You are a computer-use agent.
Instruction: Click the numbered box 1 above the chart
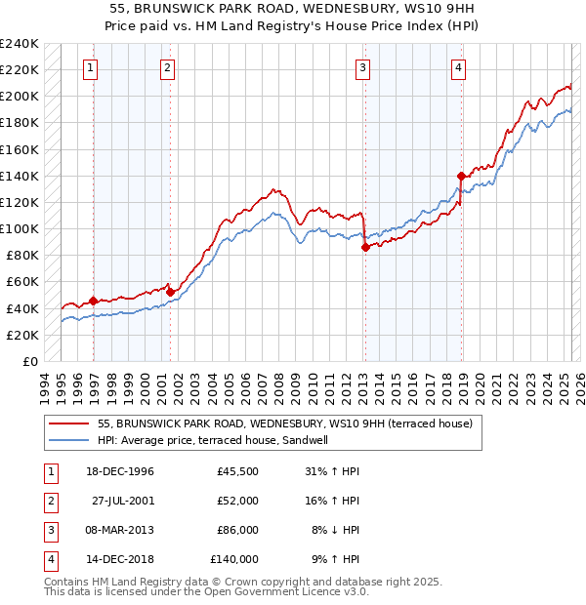click(90, 68)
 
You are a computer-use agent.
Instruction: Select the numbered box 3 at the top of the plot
click(362, 68)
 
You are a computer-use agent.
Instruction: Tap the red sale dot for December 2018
click(460, 176)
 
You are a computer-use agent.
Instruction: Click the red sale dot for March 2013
click(364, 247)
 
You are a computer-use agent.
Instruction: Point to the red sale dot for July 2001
click(170, 292)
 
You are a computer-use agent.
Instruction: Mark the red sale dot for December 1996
click(94, 301)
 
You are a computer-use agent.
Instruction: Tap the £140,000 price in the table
click(234, 559)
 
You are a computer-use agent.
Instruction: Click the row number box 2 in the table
click(50, 501)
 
